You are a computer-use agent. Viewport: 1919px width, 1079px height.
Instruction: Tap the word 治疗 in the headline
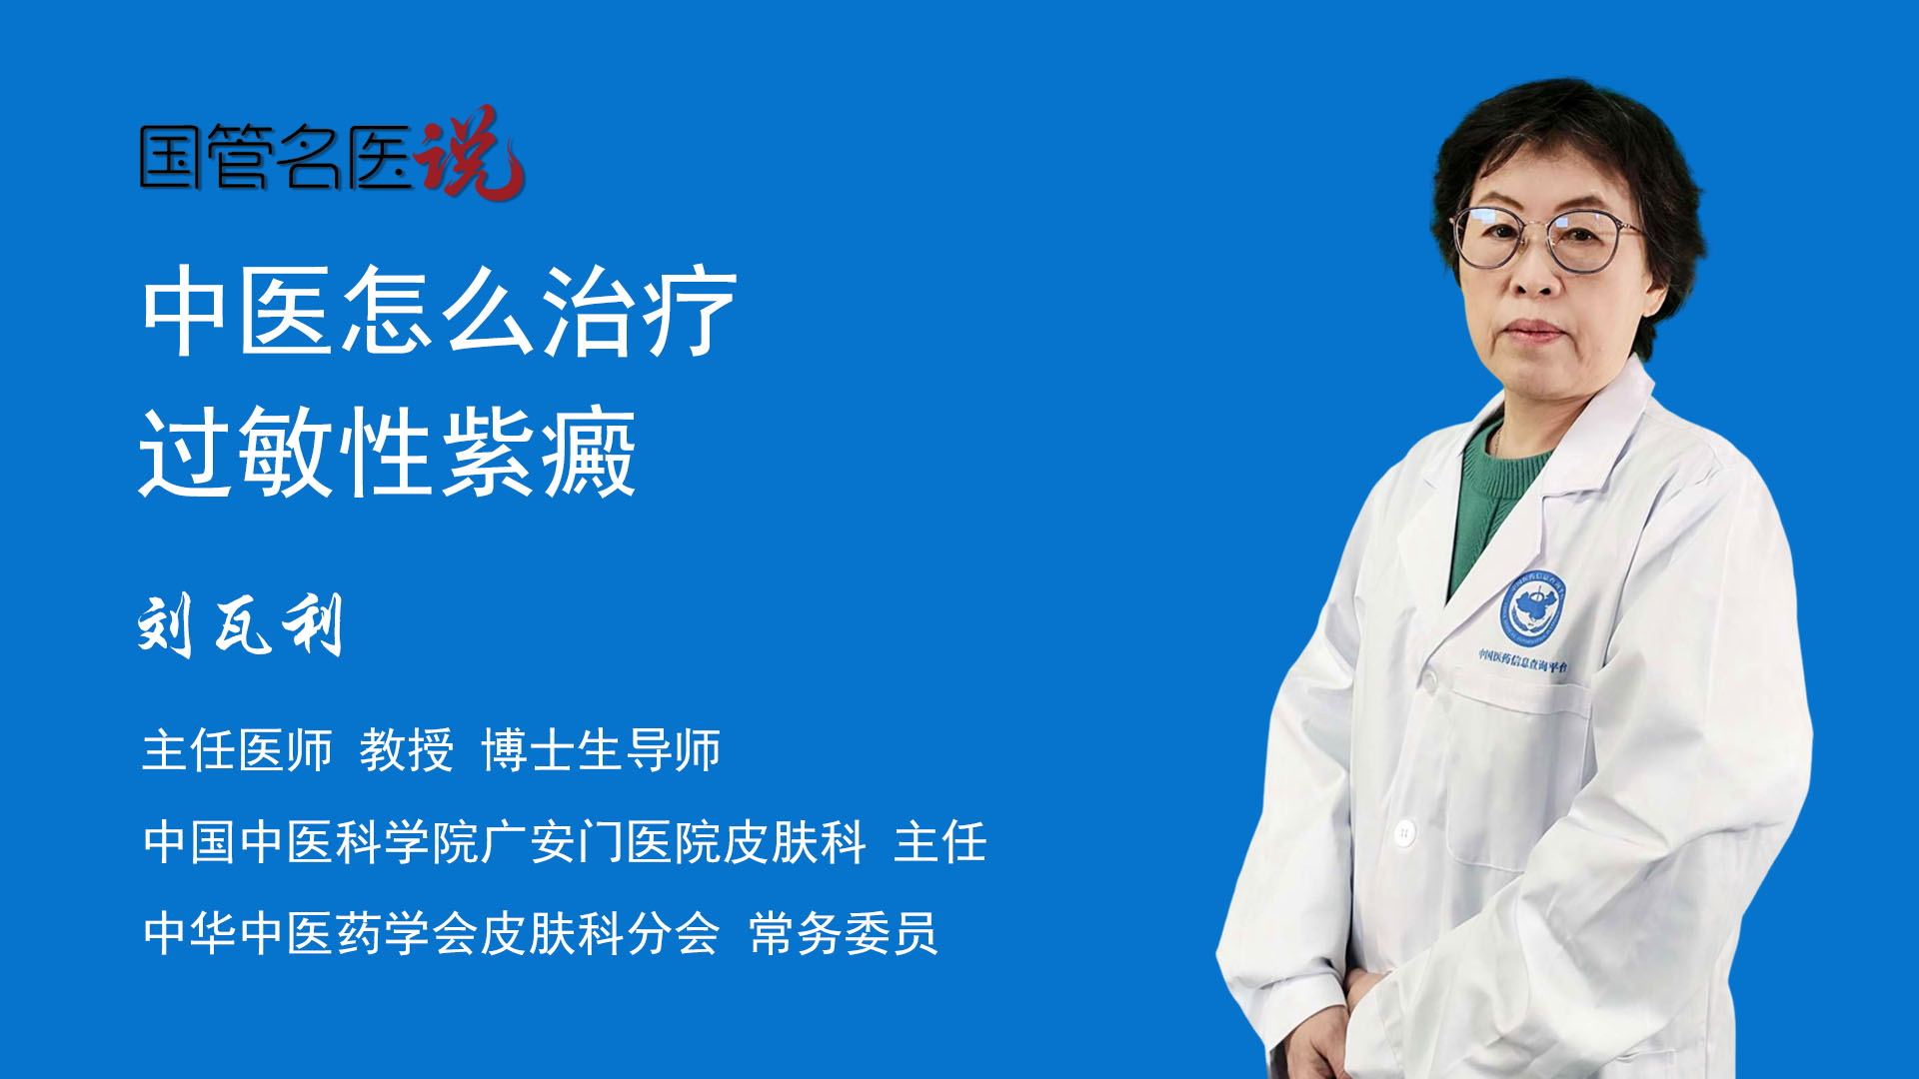640,312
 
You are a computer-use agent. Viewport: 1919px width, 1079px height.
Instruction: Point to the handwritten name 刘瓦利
240,625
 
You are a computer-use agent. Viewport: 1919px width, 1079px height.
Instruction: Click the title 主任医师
237,750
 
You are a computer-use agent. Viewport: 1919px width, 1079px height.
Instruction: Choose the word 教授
406,750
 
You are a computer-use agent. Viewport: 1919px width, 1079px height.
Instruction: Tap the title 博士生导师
601,750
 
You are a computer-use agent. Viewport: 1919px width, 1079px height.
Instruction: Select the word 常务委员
844,934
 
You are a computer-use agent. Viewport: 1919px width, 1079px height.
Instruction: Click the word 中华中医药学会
312,934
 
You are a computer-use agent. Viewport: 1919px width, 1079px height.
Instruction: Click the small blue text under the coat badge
1523,660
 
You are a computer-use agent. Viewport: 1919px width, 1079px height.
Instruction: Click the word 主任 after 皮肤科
941,842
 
